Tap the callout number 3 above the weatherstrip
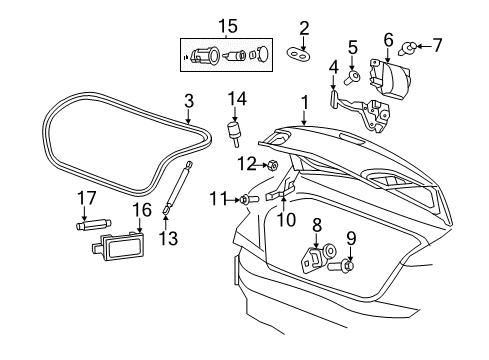187,100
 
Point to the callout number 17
87,198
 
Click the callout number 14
236,97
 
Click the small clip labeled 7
412,45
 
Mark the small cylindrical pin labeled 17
87,225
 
